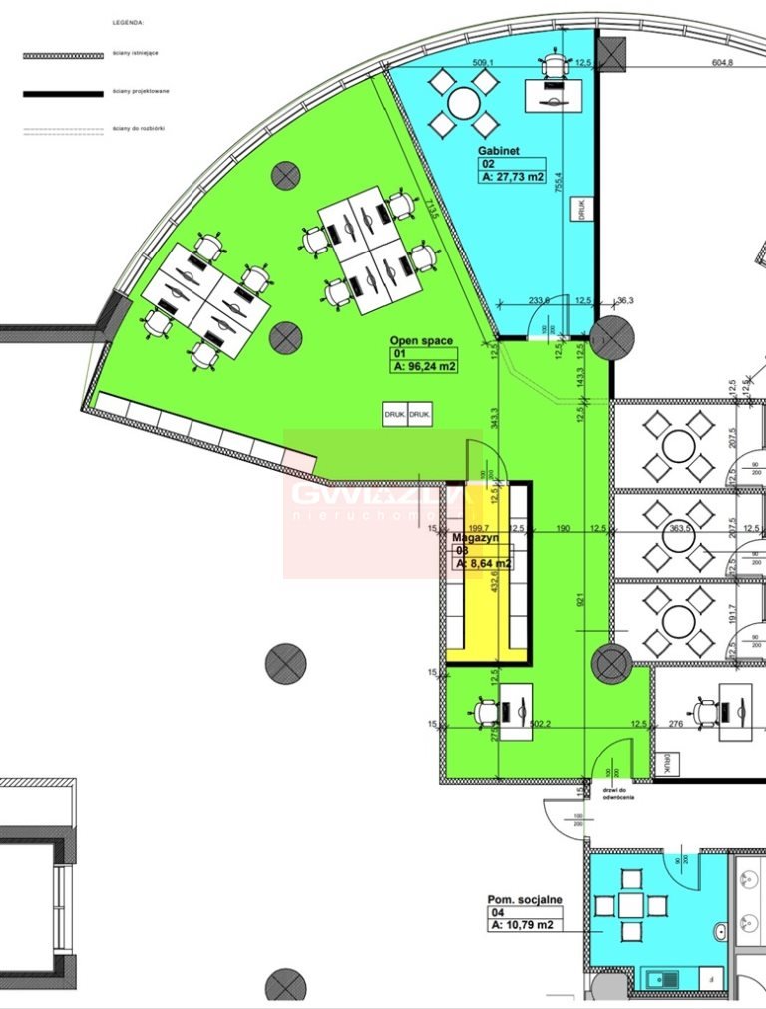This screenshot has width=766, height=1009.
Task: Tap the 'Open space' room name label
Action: click(x=421, y=341)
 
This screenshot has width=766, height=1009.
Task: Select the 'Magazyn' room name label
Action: click(x=475, y=537)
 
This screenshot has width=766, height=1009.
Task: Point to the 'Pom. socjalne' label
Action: click(x=525, y=899)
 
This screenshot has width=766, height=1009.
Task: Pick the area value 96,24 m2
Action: click(x=425, y=366)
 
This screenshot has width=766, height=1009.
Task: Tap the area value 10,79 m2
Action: click(x=522, y=925)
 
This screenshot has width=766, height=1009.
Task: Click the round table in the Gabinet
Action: click(x=463, y=102)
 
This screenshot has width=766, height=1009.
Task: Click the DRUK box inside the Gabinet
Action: click(x=578, y=209)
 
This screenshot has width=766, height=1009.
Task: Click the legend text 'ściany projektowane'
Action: click(x=141, y=92)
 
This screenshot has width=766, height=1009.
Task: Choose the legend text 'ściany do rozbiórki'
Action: click(x=140, y=129)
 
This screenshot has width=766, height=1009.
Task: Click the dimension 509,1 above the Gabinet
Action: click(x=484, y=63)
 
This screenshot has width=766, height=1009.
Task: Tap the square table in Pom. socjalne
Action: click(x=630, y=905)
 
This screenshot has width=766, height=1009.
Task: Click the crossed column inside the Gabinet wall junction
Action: click(x=611, y=339)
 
